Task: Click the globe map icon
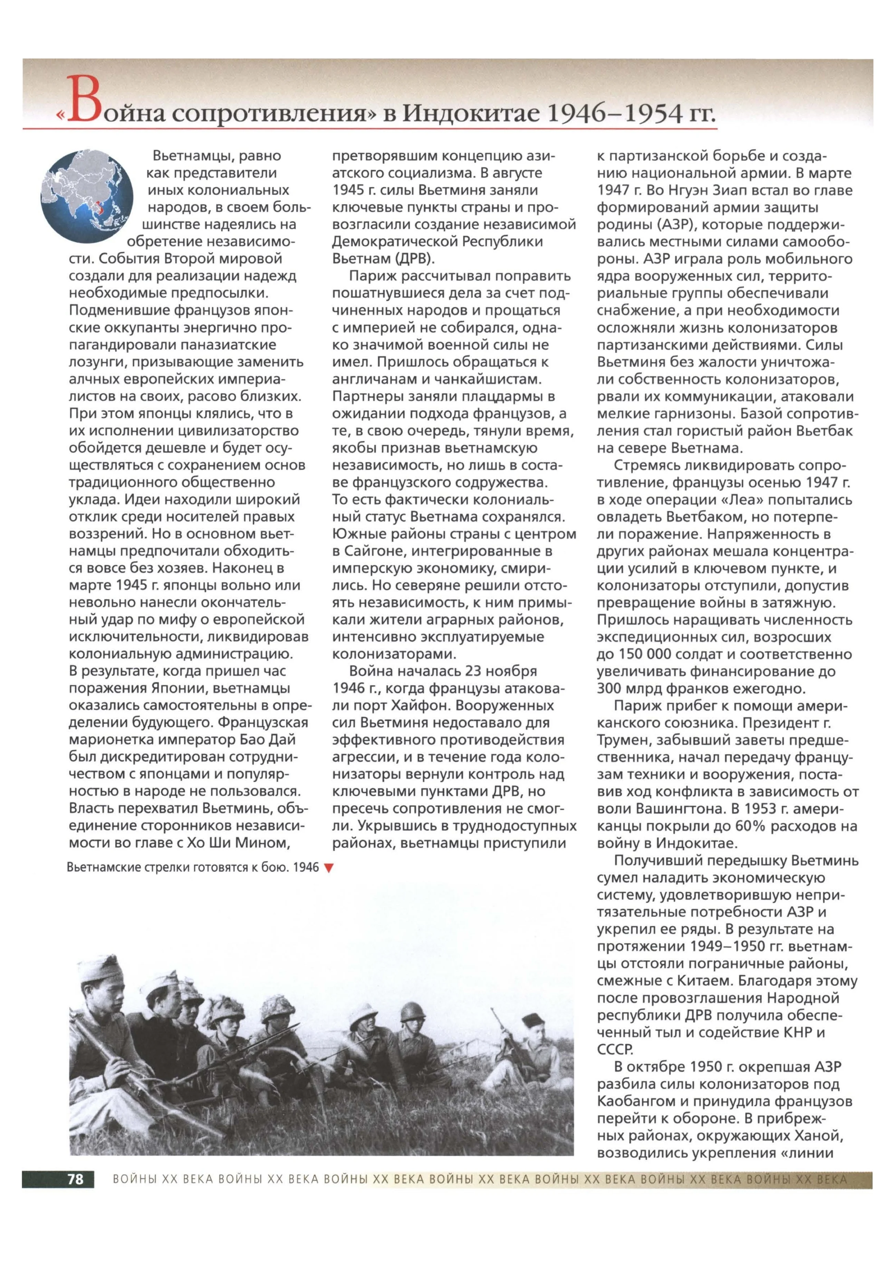pyautogui.click(x=87, y=197)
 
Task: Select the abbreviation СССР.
pyautogui.click(x=615, y=1050)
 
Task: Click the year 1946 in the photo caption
pyautogui.click(x=306, y=868)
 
